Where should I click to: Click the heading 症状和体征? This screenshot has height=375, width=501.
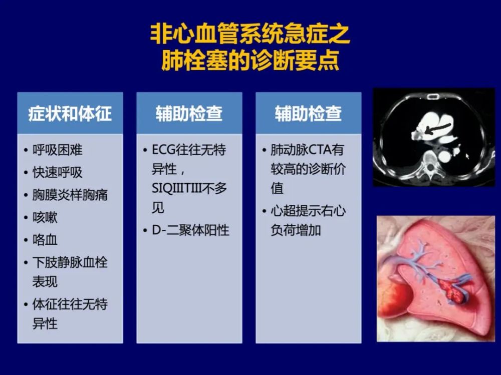tap(70, 114)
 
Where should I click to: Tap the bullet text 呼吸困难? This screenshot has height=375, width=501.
tap(58, 150)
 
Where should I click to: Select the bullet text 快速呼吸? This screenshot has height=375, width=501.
tap(58, 173)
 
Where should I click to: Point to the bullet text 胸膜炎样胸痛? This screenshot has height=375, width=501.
tap(70, 195)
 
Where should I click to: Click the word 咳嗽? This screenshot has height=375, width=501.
tap(45, 217)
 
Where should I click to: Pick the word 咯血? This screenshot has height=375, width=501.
tap(45, 240)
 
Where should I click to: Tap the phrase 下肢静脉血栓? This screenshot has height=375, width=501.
tap(70, 262)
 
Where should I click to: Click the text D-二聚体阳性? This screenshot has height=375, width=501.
tap(190, 230)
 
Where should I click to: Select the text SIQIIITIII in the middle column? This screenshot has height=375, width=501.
tap(177, 188)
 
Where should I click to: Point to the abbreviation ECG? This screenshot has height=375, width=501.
tap(163, 150)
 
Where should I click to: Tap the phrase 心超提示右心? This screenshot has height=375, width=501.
tap(308, 211)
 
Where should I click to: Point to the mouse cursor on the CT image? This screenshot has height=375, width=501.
tap(467, 156)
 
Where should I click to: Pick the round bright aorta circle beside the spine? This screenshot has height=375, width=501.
tap(444, 156)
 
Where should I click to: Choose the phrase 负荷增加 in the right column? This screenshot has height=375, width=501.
tap(296, 230)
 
